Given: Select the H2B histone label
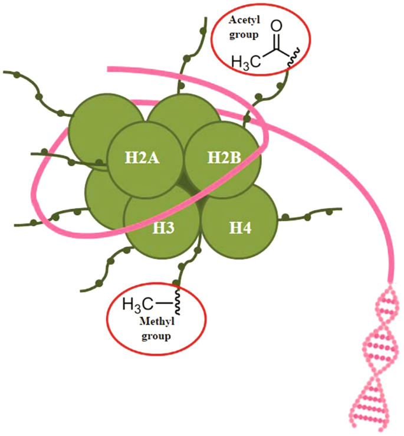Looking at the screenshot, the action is (222, 158).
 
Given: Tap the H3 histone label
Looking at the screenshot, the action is (165, 227).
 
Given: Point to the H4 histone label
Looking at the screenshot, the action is (239, 227).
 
